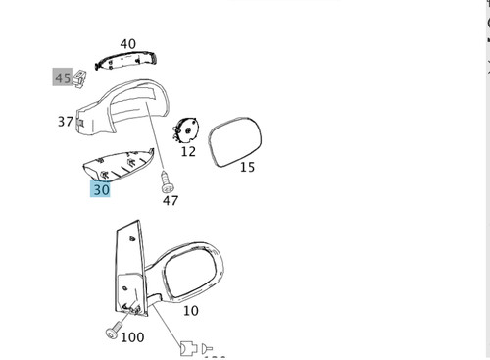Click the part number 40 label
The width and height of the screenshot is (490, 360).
[127, 44]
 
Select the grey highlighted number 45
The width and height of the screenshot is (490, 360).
[63, 77]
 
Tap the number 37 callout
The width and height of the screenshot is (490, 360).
[66, 122]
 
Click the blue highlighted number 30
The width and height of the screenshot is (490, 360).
[100, 189]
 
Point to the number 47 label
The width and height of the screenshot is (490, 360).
[171, 200]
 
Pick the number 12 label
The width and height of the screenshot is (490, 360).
[188, 151]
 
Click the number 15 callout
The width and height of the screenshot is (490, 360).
[247, 167]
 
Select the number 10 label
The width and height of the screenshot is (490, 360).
[191, 311]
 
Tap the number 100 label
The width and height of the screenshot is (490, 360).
[132, 337]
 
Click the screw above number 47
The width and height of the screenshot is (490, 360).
[167, 182]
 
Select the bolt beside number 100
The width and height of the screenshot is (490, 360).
[114, 330]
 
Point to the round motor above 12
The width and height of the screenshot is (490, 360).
[186, 130]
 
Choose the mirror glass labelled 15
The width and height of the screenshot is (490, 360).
[235, 141]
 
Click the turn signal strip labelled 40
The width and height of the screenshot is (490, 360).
[126, 60]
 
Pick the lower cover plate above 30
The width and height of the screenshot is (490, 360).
[119, 164]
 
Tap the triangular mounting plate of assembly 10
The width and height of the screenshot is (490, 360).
[130, 268]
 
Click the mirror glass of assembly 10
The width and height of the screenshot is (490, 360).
[190, 272]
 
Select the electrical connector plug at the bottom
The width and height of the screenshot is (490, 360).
[188, 348]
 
